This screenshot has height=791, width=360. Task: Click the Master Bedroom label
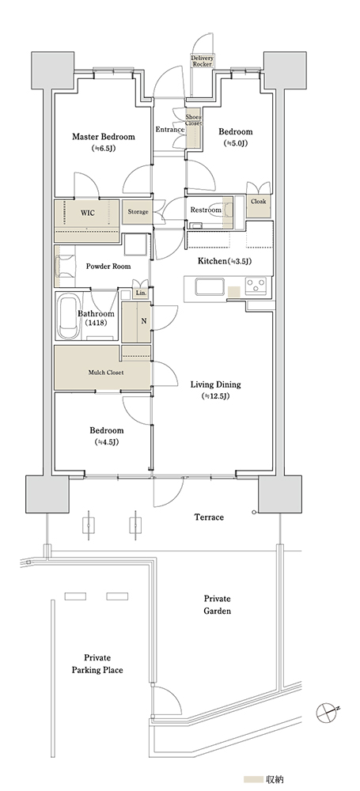pyautogui.click(x=104, y=137)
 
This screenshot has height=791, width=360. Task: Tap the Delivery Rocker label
pyautogui.click(x=202, y=62)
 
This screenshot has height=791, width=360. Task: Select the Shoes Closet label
pyautogui.click(x=193, y=119)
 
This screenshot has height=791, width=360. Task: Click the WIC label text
pyautogui.click(x=87, y=212)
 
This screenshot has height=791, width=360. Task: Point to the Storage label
pyautogui.click(x=138, y=212)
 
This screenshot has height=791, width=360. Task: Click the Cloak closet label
pyautogui.click(x=259, y=201)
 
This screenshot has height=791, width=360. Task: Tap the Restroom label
pyautogui.click(x=206, y=210)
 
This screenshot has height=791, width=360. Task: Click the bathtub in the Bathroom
pyautogui.click(x=68, y=318)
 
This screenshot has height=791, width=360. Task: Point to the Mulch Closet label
pyautogui.click(x=106, y=373)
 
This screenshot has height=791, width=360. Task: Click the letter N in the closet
pyautogui.click(x=144, y=321)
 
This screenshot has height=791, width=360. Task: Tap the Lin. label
pyautogui.click(x=140, y=293)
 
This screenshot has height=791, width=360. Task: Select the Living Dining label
pyautogui.click(x=215, y=385)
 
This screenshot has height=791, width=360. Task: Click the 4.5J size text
pyautogui.click(x=107, y=442)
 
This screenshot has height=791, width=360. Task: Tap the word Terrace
pyautogui.click(x=209, y=517)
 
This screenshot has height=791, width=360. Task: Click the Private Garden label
pyautogui.click(x=217, y=605)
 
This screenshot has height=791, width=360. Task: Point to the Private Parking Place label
pyautogui.click(x=97, y=664)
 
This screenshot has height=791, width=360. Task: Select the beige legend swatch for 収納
pyautogui.click(x=253, y=779)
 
